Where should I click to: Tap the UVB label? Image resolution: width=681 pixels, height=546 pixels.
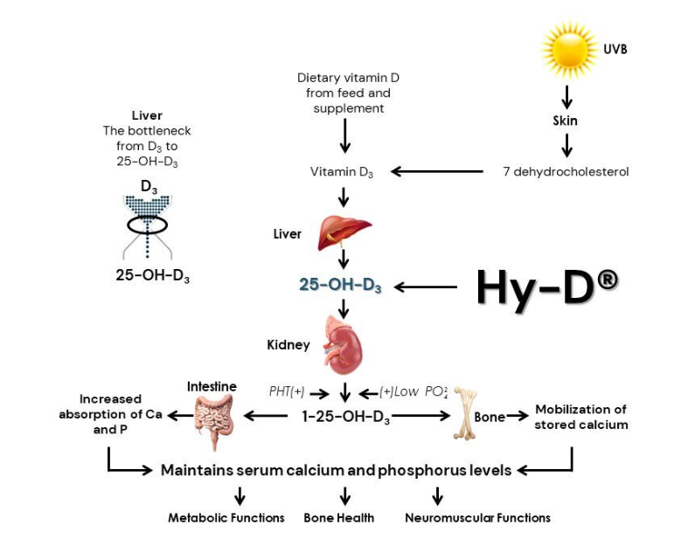(x=615, y=50)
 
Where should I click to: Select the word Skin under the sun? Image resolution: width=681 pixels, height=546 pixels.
(x=566, y=121)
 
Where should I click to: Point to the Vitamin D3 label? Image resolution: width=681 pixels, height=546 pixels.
(x=342, y=172)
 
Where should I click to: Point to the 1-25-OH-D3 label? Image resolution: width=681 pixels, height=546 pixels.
(x=344, y=417)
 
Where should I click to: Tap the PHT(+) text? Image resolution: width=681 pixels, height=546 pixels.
(x=287, y=392)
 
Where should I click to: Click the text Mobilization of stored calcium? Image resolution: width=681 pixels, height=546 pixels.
(x=581, y=417)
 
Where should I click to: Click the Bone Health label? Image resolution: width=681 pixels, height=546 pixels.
(x=338, y=518)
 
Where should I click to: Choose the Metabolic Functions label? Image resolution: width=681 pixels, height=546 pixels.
(x=226, y=518)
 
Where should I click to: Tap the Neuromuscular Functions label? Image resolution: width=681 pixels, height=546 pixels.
(x=477, y=518)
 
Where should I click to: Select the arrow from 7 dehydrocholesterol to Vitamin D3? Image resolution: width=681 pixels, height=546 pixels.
(x=437, y=172)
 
